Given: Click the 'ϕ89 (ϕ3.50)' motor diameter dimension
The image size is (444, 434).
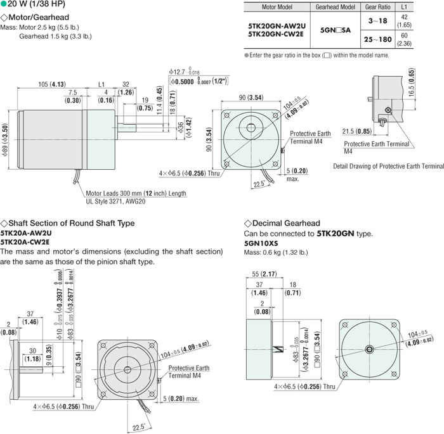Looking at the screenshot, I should point(6,145).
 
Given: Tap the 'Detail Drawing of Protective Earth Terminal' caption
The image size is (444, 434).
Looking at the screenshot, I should point(388,166).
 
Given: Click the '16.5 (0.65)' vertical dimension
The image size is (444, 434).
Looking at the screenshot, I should point(412,83).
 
